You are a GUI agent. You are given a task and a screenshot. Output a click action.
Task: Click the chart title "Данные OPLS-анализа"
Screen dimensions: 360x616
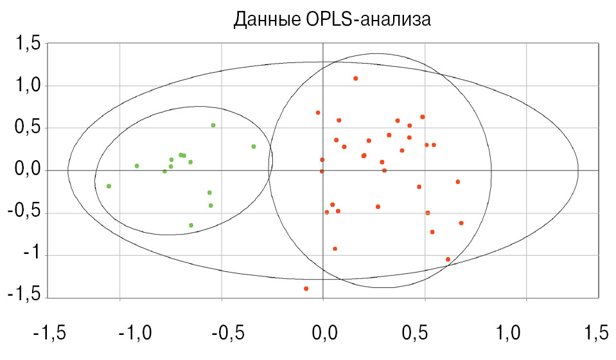click(x=331, y=19)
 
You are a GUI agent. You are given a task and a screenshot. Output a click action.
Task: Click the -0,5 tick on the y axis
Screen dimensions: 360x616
click(x=25, y=213)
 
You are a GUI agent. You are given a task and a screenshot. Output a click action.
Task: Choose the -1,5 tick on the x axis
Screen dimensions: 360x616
click(x=49, y=334)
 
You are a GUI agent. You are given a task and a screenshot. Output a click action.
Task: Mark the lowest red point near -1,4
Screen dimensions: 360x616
click(x=306, y=289)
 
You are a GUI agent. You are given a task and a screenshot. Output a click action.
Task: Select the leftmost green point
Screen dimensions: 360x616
click(x=109, y=186)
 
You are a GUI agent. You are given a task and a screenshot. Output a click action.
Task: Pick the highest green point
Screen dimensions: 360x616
click(x=213, y=125)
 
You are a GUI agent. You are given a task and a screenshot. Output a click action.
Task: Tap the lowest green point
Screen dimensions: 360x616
click(x=191, y=225)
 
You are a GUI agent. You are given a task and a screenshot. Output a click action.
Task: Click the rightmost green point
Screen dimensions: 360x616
click(x=254, y=147)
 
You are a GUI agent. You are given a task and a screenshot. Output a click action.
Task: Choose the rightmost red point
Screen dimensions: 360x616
click(x=461, y=223)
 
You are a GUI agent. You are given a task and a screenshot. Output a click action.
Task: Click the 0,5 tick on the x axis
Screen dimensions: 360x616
click(x=422, y=334)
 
